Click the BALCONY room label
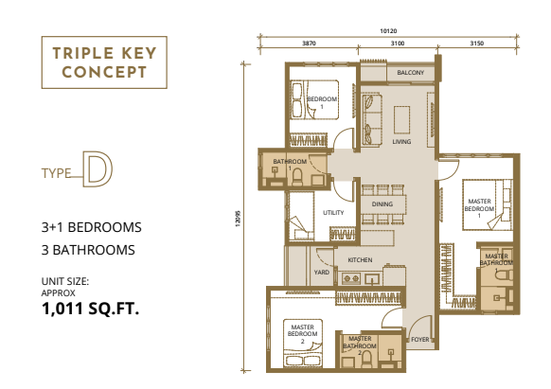(411, 72)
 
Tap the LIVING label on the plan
(401, 142)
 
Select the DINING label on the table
(382, 204)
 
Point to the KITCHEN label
(360, 260)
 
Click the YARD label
(322, 273)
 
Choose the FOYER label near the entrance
(420, 340)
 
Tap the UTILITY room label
(333, 213)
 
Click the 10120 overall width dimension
(388, 31)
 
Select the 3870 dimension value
(309, 44)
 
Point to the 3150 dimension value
(477, 44)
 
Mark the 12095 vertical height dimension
(238, 219)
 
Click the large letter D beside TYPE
(98, 169)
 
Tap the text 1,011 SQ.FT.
(90, 309)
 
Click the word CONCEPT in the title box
(104, 72)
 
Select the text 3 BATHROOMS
(88, 250)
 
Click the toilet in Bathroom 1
(297, 177)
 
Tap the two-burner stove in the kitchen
(351, 278)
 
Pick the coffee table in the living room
(401, 120)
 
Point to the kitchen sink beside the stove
(371, 279)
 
